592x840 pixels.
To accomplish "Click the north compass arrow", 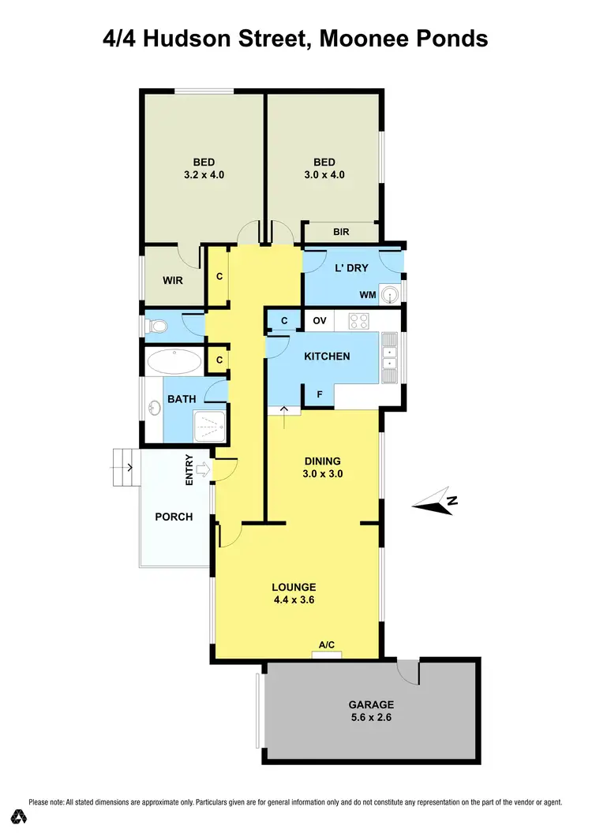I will tap(433, 502).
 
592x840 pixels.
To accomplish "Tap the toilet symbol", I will tap(155, 325).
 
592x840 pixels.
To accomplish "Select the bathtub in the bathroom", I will tap(174, 362).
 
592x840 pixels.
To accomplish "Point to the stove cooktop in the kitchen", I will tap(359, 320).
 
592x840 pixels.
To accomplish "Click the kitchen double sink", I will tap(390, 357).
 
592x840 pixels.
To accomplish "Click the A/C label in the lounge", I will tap(327, 644).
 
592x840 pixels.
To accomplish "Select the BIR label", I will tap(341, 232).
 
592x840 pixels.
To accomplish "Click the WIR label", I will tap(173, 280).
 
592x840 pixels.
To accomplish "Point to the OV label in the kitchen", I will tap(320, 320).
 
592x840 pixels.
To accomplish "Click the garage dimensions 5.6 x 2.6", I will tap(371, 718).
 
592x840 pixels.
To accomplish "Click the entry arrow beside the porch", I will tap(201, 471).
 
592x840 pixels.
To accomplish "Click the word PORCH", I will tap(174, 517).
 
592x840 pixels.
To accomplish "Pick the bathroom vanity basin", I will tap(155, 408).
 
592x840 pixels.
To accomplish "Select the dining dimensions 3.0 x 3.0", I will tap(322, 474).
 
